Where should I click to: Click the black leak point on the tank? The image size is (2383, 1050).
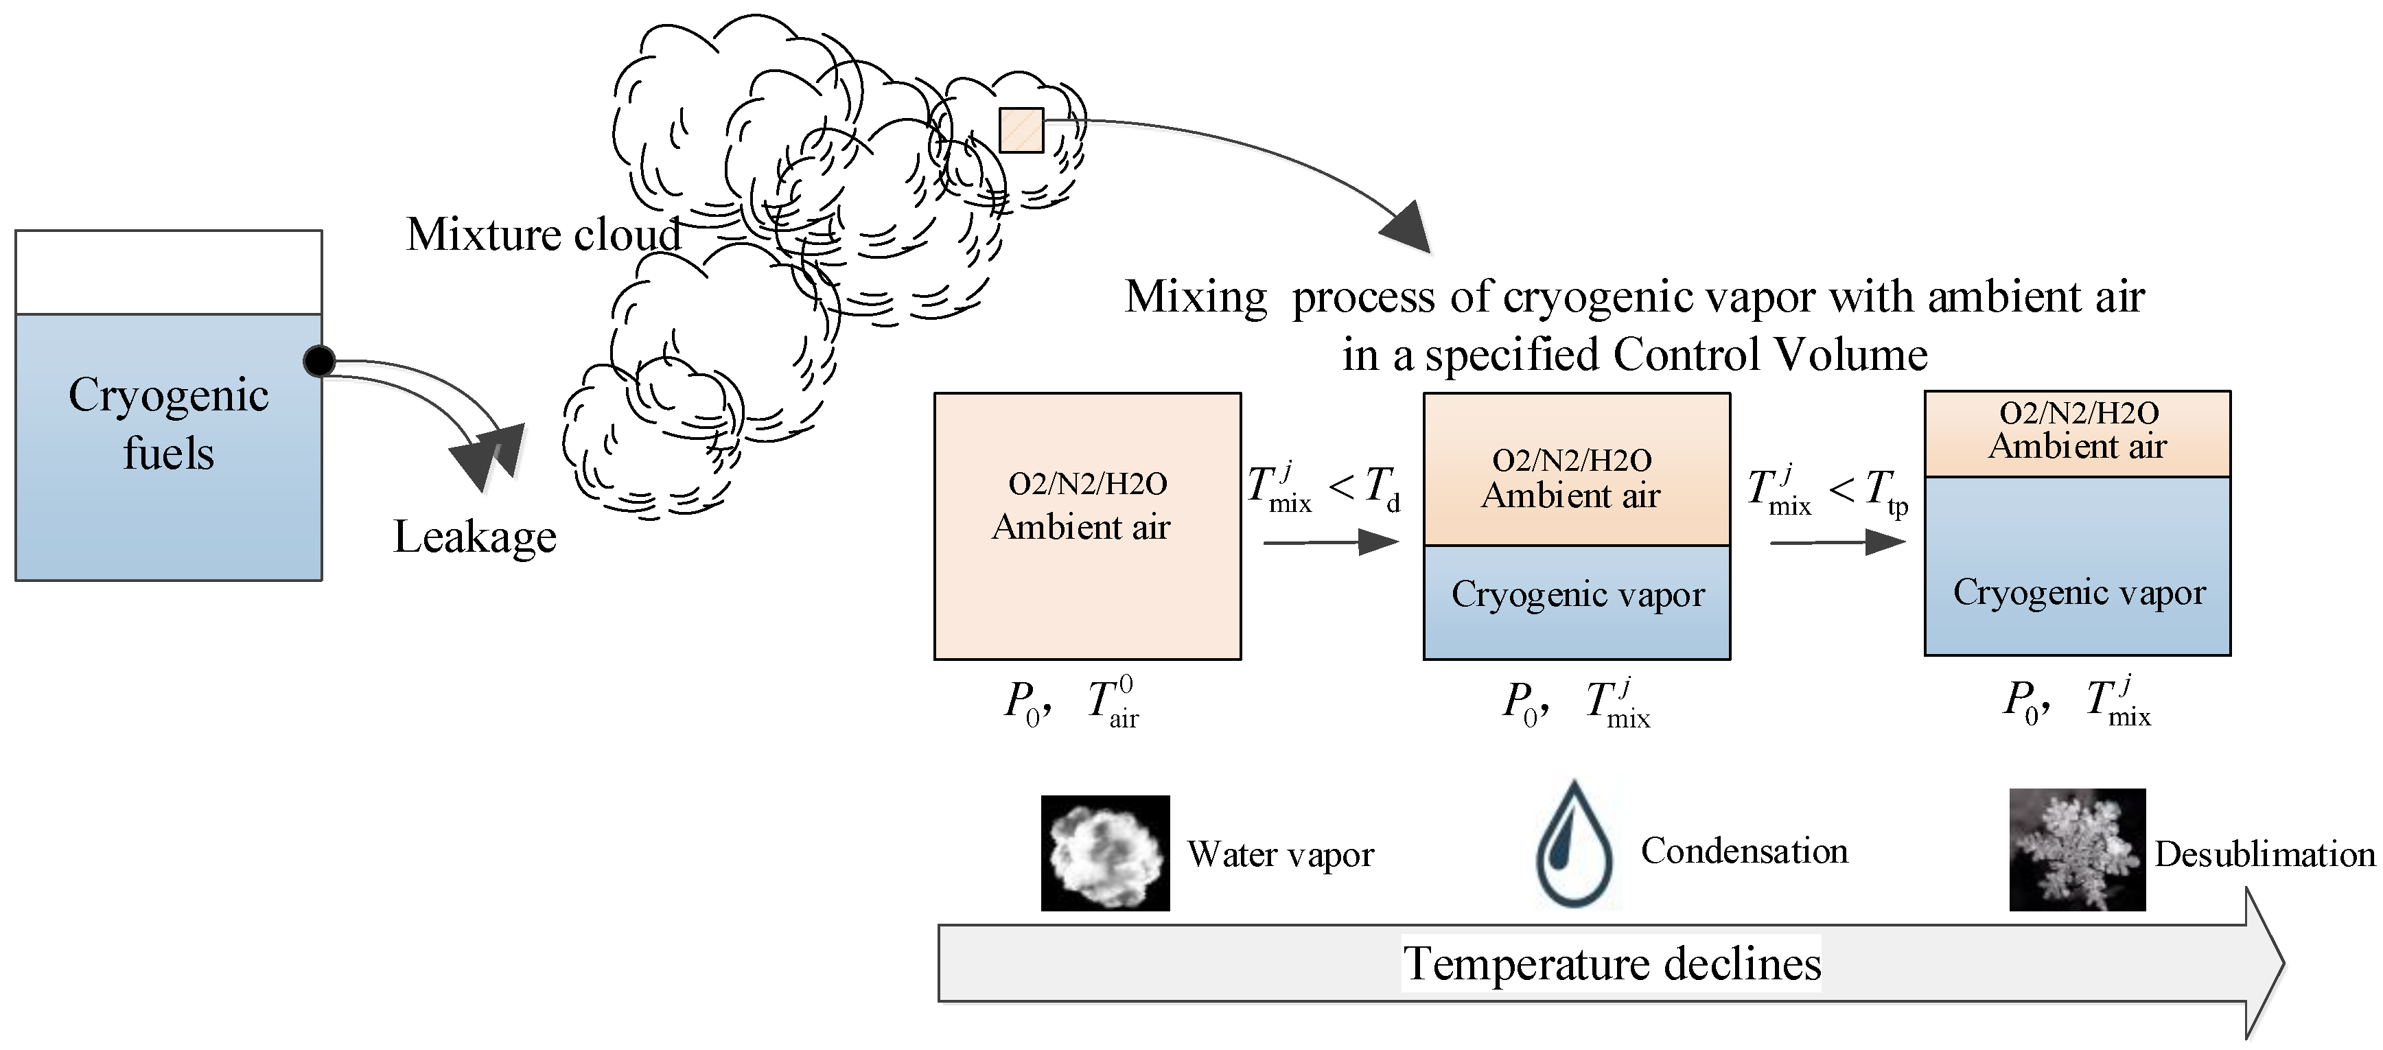(x=319, y=361)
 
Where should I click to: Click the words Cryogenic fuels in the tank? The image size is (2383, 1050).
(x=168, y=423)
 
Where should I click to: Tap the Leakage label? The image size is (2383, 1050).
(x=474, y=537)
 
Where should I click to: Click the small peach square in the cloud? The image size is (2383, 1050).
(x=1021, y=130)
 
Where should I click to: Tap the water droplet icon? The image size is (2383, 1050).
(x=1574, y=843)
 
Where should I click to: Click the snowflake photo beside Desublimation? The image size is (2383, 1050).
(x=2077, y=849)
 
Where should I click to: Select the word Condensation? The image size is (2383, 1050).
(x=1744, y=851)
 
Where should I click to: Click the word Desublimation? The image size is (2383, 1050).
(x=2264, y=854)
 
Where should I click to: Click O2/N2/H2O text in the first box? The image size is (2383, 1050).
(x=1087, y=484)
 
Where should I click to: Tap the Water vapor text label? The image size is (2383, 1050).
(x=1280, y=854)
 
